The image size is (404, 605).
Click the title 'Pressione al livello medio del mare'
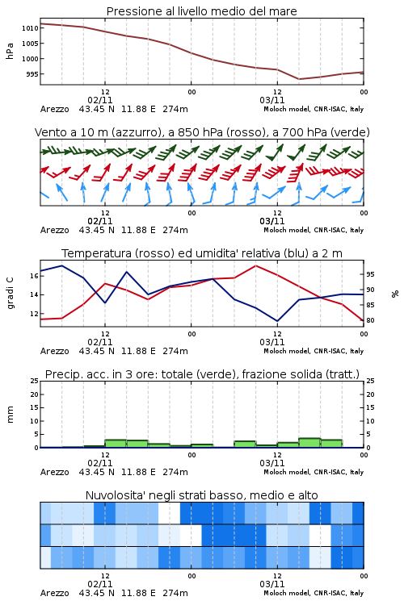coord(201,11)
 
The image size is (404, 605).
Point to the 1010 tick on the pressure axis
coord(30,28)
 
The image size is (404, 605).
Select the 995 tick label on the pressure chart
coord(32,74)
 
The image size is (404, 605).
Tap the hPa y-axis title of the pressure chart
coord(10,51)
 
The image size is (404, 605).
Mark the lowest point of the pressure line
coord(299,79)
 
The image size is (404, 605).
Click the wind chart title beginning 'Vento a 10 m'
coord(202,132)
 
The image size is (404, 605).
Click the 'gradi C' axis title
coord(10,294)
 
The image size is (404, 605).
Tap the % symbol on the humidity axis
coord(395,294)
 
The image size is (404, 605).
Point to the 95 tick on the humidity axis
coord(370,274)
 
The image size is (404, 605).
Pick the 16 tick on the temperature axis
coord(34,276)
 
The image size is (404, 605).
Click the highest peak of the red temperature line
coord(255,266)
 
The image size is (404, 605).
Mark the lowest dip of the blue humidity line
coord(277,321)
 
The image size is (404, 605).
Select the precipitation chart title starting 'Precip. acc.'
coord(202,374)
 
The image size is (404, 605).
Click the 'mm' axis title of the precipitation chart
coord(10,415)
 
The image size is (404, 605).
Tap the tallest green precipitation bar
coord(309,443)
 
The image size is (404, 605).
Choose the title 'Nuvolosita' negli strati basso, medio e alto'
coord(201,495)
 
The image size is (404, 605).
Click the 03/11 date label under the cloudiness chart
coord(271,584)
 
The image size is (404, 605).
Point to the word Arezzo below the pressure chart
coord(54,109)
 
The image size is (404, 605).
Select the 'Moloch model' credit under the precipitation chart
coord(287,472)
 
